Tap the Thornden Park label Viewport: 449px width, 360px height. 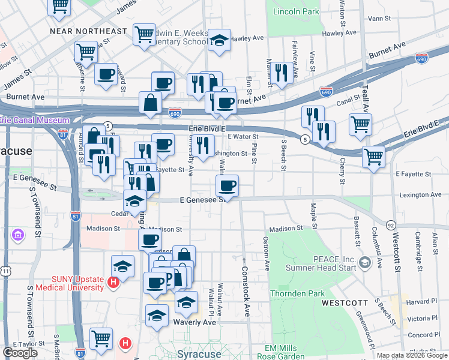click(297, 294)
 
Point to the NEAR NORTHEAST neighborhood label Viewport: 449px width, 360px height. click(88, 31)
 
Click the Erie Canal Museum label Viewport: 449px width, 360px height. click(35, 120)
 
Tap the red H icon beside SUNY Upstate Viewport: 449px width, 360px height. click(112, 281)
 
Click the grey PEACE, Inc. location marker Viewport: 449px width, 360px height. click(364, 263)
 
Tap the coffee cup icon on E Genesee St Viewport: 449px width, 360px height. click(227, 185)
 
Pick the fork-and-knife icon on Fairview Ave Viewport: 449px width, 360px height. click(281, 73)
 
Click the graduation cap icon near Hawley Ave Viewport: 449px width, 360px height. click(220, 40)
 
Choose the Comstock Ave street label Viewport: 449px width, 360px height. click(246, 292)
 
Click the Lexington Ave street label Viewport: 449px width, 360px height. click(421, 195)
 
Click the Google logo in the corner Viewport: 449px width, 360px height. click(20, 353)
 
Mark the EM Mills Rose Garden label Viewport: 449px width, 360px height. click(290, 352)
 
